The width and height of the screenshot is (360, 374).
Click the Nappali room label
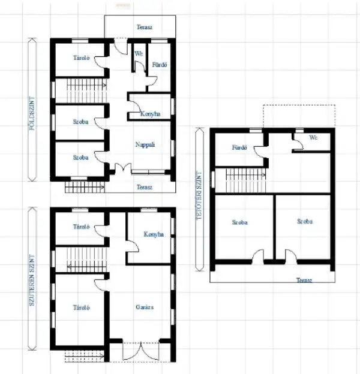click(x=145, y=144)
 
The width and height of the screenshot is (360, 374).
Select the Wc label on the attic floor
click(x=313, y=137)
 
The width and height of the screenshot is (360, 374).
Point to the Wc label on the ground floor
click(x=138, y=53)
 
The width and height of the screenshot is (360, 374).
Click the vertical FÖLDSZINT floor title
click(x=33, y=110)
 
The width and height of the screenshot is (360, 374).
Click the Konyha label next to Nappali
click(x=150, y=114)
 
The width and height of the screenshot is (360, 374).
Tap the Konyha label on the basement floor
click(x=154, y=234)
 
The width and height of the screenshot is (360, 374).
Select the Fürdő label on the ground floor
click(x=160, y=64)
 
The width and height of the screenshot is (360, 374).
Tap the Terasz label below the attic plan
click(x=305, y=279)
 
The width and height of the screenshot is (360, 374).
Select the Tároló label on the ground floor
click(x=81, y=58)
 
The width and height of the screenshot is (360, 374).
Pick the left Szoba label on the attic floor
click(x=240, y=222)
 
